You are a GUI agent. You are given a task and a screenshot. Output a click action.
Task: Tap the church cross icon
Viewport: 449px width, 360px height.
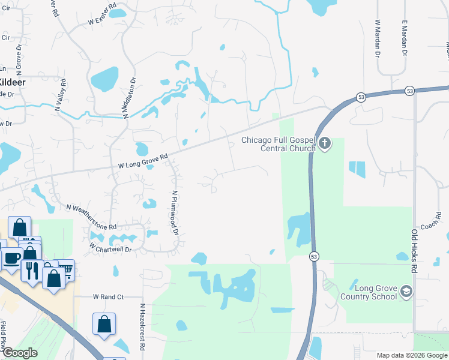pyautogui.click(x=325, y=143)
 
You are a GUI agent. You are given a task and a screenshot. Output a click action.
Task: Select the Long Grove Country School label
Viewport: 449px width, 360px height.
pyautogui.click(x=368, y=292)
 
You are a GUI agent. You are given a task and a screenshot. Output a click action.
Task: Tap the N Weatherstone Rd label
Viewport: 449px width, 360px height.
pyautogui.click(x=91, y=217)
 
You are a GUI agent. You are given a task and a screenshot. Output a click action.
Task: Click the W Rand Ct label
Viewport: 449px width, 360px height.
pyautogui.click(x=108, y=297)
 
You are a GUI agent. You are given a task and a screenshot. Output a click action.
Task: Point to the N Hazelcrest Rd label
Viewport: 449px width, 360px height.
pyautogui.click(x=143, y=327)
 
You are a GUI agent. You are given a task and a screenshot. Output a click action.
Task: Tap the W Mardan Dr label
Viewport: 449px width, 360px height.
pyautogui.click(x=378, y=38)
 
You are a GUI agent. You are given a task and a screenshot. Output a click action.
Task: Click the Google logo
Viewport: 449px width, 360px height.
pyautogui.click(x=20, y=353)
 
